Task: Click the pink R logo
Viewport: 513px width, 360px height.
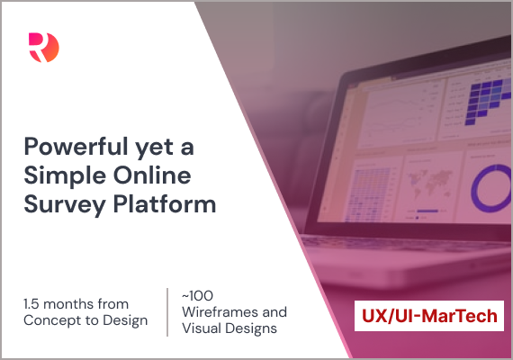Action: (44, 48)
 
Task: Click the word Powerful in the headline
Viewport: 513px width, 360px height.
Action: (76, 147)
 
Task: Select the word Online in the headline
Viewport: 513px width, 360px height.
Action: (152, 175)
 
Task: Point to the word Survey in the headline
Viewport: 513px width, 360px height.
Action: (65, 205)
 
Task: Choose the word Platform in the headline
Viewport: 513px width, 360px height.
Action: (165, 203)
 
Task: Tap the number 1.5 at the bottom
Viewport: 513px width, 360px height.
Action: (31, 304)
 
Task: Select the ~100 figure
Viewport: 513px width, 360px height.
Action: (197, 296)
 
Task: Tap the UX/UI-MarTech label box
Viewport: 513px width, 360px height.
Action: (429, 316)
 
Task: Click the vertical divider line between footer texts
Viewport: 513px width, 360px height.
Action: (167, 312)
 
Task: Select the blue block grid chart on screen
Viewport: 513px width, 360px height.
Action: (488, 99)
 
